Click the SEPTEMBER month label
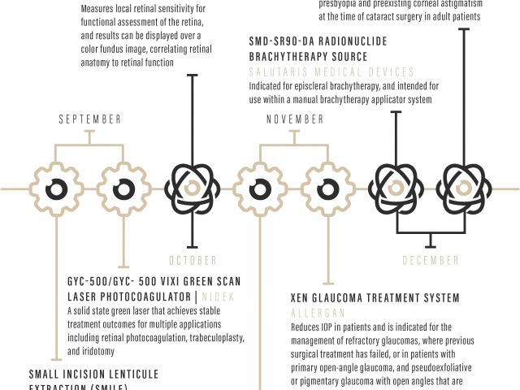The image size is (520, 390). click(x=90, y=119)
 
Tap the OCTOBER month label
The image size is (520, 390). click(x=193, y=261)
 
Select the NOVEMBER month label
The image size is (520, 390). click(x=295, y=119)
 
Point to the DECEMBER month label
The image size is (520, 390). click(x=431, y=261)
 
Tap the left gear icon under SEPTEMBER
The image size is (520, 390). click(x=54, y=188)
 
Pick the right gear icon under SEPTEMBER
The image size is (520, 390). click(x=123, y=188)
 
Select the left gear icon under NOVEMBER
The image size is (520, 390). click(x=260, y=188)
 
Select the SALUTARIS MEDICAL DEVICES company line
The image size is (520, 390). click(x=331, y=72)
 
